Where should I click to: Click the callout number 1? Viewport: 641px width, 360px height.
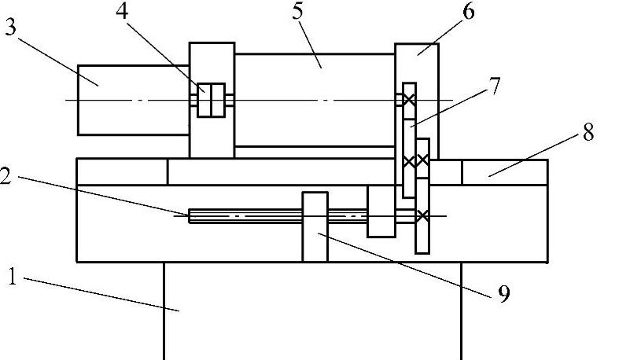(12, 277)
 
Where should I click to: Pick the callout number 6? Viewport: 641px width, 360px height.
(468, 13)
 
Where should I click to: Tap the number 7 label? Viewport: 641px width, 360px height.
(494, 85)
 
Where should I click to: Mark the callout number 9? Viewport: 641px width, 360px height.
(504, 295)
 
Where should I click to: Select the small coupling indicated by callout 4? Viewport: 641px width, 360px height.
(212, 100)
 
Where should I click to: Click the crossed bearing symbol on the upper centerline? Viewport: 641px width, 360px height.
(408, 100)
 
